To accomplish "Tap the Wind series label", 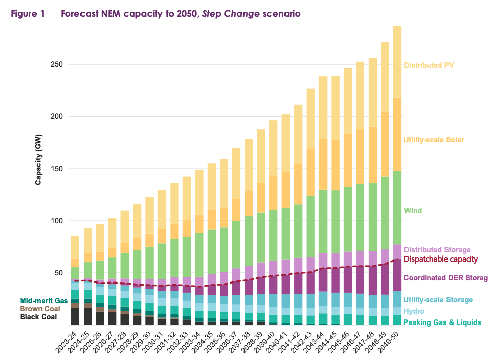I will pyautogui.click(x=413, y=211).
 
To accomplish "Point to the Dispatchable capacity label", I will pyautogui.click(x=440, y=259).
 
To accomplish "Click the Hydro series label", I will pyautogui.click(x=414, y=311).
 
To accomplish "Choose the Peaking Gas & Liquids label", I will pyautogui.click(x=442, y=322).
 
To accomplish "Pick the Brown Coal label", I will pyautogui.click(x=40, y=309).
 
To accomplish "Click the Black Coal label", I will pyautogui.click(x=38, y=317).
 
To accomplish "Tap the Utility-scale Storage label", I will pyautogui.click(x=438, y=300).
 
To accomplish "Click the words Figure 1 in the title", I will pyautogui.click(x=28, y=14).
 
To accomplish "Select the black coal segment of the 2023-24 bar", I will pyautogui.click(x=75, y=316).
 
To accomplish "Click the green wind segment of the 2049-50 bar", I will pyautogui.click(x=397, y=208).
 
